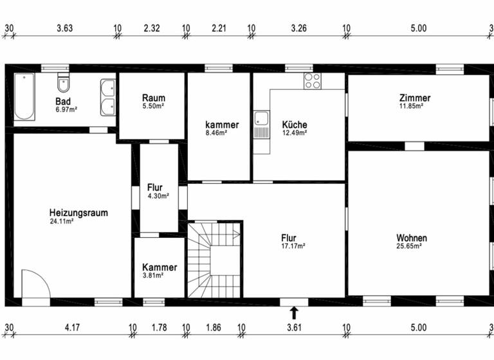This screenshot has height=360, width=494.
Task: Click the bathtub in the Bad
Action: [24, 97]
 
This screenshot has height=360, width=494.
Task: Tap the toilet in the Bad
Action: [63, 84]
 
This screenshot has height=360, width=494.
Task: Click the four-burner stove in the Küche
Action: [312, 81]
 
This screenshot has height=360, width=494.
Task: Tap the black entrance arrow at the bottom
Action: [294, 313]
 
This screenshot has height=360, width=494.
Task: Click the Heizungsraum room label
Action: [78, 213]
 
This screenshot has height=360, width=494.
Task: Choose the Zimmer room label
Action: [415, 98]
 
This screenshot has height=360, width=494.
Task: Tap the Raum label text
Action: [154, 98]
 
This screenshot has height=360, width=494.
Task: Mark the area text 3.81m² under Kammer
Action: [153, 275]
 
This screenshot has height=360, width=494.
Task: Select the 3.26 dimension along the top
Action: [299, 28]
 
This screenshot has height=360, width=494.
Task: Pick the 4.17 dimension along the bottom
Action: [73, 328]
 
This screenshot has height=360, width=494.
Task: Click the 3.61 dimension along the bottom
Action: [294, 328]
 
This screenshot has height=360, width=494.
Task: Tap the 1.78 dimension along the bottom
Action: [159, 328]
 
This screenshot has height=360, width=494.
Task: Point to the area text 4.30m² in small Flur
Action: [158, 196]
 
